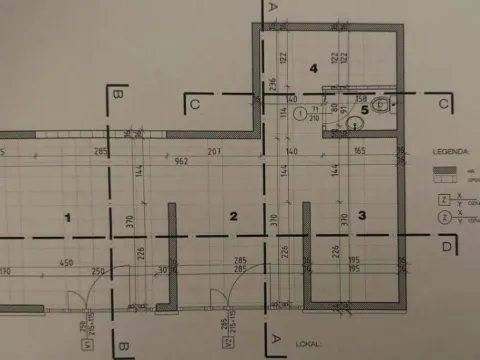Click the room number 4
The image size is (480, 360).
[x=314, y=68]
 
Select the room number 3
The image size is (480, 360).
[x=362, y=215]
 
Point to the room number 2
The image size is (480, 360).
[x=233, y=215]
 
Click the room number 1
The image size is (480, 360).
[x=68, y=216]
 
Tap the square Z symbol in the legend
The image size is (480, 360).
[x=442, y=199]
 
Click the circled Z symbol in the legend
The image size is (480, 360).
[x=442, y=215]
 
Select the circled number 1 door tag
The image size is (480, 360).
[x=299, y=115]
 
